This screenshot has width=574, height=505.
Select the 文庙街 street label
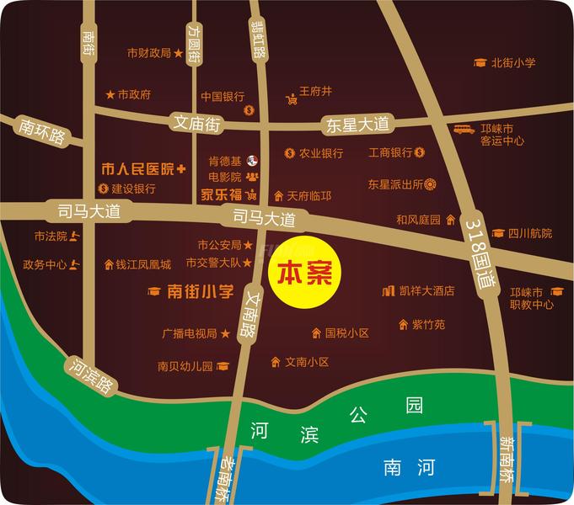pos(196,123)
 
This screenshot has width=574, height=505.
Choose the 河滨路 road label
pos(90,375)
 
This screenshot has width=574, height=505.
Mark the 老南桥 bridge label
pos(226,479)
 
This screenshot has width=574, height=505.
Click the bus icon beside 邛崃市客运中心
pos(464,130)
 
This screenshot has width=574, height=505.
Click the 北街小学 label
pos(513,62)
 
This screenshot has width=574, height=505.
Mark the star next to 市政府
pos(110,94)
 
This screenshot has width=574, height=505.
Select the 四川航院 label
pos(530,233)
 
